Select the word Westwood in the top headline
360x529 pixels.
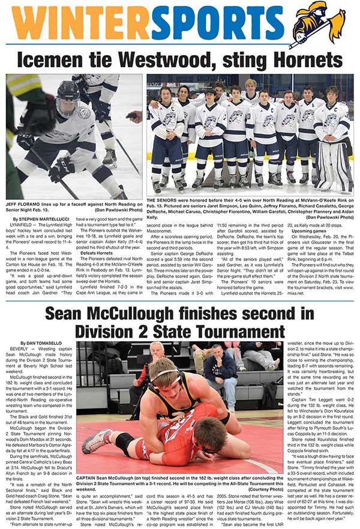pyautogui.click(x=184, y=59)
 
